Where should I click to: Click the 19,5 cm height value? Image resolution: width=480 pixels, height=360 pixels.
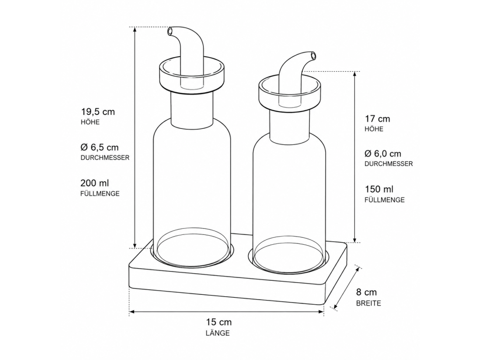tap(97, 112)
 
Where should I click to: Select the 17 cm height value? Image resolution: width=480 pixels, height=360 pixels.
tap(377, 119)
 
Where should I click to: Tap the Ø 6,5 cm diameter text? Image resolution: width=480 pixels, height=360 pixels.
tap(99, 147)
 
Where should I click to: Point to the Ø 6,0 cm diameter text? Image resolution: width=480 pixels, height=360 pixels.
tap(382, 153)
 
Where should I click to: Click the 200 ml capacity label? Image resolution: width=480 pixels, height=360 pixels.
tap(95, 183)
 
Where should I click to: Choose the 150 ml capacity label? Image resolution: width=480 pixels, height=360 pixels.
tap(379, 189)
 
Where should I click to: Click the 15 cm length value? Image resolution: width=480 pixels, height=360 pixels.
tap(218, 322)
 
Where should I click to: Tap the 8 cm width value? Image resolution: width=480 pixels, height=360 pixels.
tap(367, 292)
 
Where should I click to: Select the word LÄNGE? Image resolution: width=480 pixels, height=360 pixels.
tap(217, 333)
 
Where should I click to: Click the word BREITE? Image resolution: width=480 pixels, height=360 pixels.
tap(368, 303)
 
